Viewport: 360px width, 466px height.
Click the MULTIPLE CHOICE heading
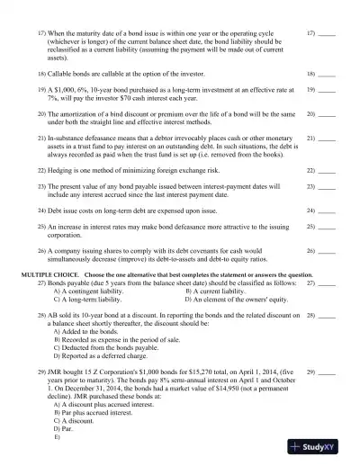pyautogui.click(x=55, y=273)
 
